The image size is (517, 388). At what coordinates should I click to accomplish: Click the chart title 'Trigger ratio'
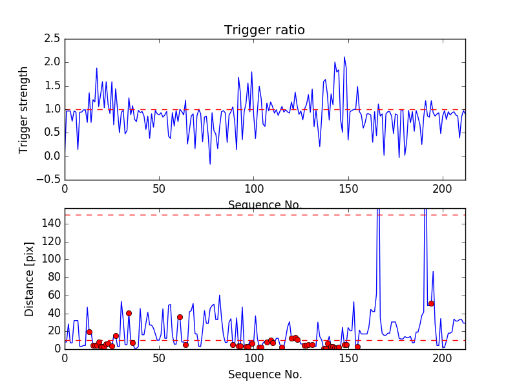264,30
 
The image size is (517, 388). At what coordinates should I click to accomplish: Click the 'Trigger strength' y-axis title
24,109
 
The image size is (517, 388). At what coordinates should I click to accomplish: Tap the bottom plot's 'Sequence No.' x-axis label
264,374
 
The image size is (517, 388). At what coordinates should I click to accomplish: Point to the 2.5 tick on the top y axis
52,39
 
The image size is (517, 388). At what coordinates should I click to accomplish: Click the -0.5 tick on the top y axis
50,180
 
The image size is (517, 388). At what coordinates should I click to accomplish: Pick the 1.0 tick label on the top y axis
52,109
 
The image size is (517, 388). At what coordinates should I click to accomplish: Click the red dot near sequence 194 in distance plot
431,303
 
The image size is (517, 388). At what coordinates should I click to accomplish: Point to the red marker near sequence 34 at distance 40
129,313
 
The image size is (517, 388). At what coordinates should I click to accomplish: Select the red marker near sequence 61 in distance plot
180,317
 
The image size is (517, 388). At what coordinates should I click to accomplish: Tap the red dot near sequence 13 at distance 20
89,332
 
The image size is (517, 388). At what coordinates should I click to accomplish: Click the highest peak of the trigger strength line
344,57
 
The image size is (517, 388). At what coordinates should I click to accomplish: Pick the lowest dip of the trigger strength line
210,164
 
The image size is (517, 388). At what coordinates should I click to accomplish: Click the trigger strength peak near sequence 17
97,68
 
